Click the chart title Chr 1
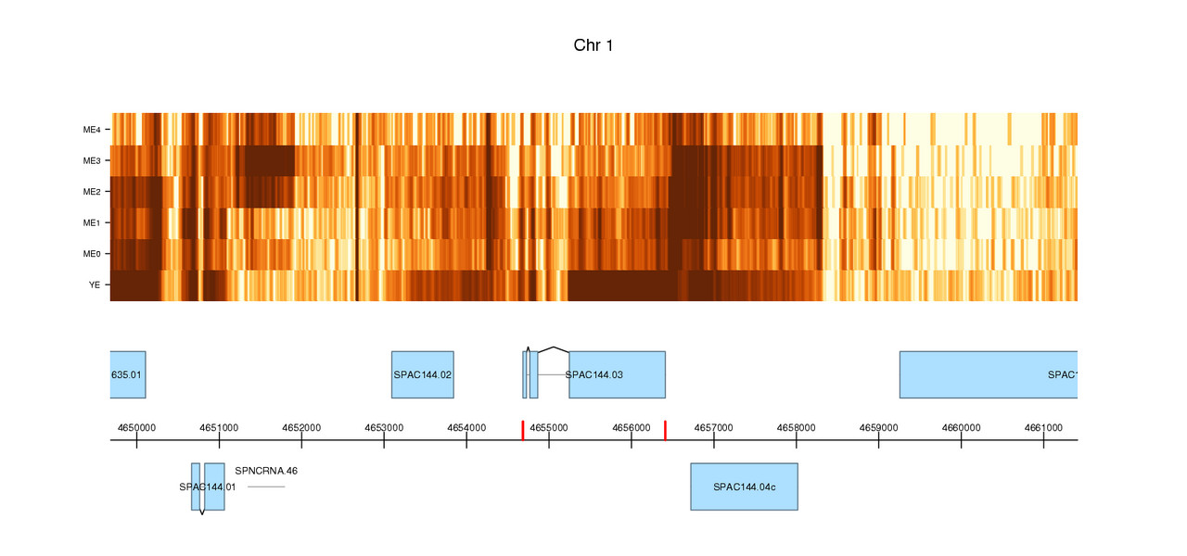(x=593, y=45)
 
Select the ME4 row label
(x=93, y=130)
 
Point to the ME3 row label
(x=93, y=161)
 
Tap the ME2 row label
(x=93, y=192)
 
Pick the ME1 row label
(x=93, y=223)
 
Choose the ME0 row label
(x=93, y=254)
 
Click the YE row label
(x=95, y=285)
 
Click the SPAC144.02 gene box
(x=423, y=374)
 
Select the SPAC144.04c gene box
(x=744, y=486)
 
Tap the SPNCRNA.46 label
(x=266, y=471)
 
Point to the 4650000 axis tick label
(x=136, y=427)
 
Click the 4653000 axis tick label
(x=384, y=427)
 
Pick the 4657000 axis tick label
(x=714, y=427)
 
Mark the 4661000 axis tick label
(x=1043, y=427)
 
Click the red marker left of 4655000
(x=523, y=430)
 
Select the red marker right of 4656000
(x=665, y=430)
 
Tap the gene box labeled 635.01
(x=128, y=374)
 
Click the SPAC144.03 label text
(x=594, y=374)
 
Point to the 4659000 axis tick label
(x=878, y=427)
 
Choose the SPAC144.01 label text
(x=208, y=486)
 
